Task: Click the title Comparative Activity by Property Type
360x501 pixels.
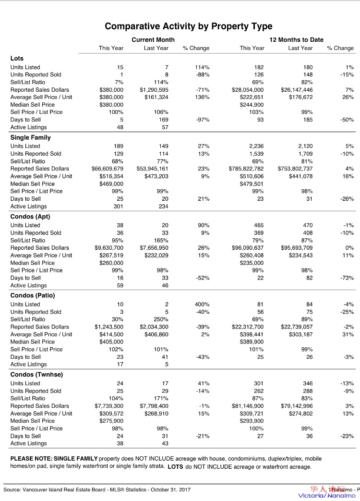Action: click(x=189, y=26)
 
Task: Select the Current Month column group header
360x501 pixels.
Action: click(x=153, y=40)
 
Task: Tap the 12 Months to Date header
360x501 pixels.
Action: click(x=297, y=40)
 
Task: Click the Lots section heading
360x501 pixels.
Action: click(x=17, y=59)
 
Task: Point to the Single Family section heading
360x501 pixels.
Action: click(x=30, y=138)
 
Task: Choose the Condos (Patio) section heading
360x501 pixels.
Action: click(x=33, y=295)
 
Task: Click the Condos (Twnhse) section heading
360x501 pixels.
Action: click(x=36, y=375)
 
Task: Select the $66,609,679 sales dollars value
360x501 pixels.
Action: click(x=108, y=169)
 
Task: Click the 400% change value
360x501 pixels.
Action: click(x=202, y=305)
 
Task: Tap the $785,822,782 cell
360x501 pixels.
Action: click(x=246, y=169)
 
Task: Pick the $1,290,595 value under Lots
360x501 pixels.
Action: click(x=154, y=90)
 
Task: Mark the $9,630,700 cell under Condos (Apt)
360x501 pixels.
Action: click(x=109, y=248)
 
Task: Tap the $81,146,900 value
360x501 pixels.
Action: click(x=248, y=406)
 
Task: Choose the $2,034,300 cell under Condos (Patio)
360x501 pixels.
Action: click(x=154, y=327)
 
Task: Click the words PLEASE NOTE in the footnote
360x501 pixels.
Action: click(x=31, y=459)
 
